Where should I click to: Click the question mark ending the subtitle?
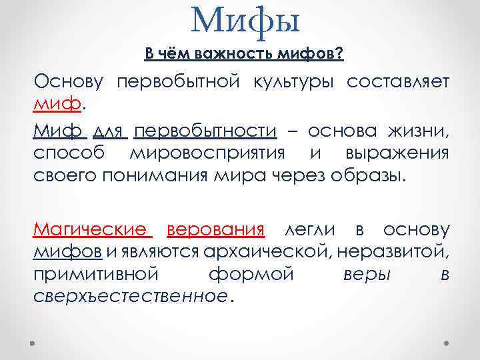[x=340, y=53]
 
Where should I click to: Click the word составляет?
[x=397, y=82]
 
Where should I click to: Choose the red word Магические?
[x=90, y=231]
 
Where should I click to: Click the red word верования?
[x=216, y=231]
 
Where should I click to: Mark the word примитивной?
[x=96, y=275]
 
